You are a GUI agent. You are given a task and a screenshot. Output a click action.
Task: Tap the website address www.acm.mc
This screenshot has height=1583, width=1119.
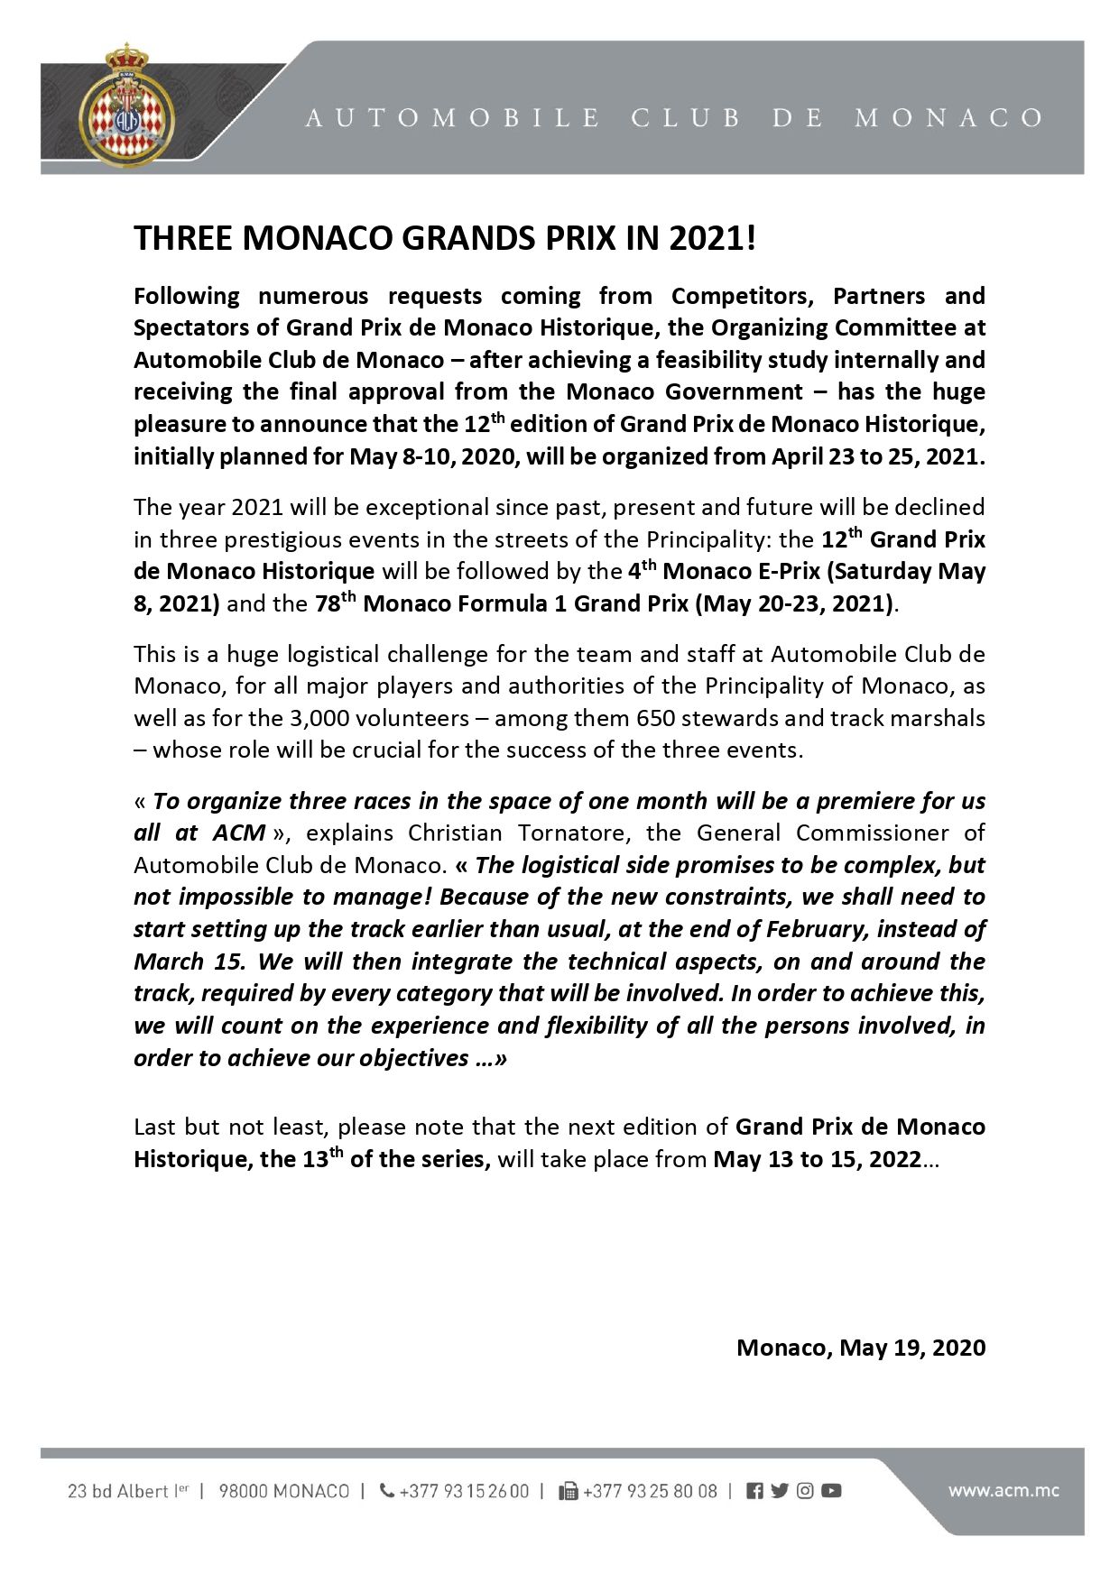[1003, 1490]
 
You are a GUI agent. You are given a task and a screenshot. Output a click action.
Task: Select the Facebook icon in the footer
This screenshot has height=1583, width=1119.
[755, 1491]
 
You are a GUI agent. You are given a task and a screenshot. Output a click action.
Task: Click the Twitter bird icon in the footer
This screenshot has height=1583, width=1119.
[780, 1491]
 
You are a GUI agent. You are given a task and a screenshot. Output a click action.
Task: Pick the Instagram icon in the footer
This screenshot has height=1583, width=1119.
[805, 1491]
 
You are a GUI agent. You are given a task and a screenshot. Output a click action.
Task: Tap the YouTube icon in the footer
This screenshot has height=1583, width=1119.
[831, 1491]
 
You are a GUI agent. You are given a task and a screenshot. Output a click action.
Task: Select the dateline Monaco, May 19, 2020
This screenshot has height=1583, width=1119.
[861, 1348]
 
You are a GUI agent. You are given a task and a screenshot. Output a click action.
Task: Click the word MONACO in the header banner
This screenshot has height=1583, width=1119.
[948, 118]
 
